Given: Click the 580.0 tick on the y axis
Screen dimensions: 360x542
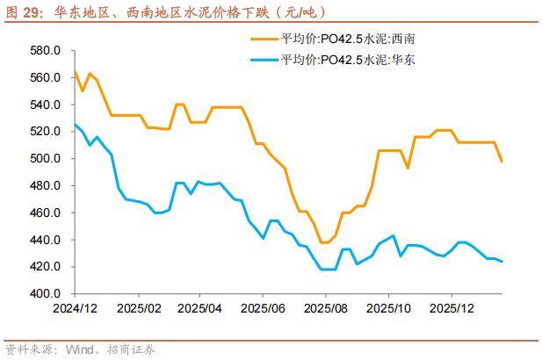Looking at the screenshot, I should click(x=44, y=51).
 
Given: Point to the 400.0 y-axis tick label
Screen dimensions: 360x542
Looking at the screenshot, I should click(x=44, y=294).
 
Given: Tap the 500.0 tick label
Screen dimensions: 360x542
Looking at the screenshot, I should click(x=44, y=159).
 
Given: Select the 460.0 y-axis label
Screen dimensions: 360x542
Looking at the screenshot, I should click(x=44, y=213).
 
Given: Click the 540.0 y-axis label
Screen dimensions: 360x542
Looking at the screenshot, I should click(x=44, y=104).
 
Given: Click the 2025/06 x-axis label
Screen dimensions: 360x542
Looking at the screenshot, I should click(x=264, y=310).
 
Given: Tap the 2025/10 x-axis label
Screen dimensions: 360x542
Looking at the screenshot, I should click(x=389, y=310).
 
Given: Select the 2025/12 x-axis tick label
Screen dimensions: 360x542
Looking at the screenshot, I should click(x=452, y=310).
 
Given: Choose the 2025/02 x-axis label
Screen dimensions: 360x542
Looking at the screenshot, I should click(x=137, y=310).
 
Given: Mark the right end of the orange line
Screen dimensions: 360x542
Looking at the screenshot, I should click(x=502, y=162).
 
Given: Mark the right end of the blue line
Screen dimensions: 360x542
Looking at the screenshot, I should click(x=502, y=262).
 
